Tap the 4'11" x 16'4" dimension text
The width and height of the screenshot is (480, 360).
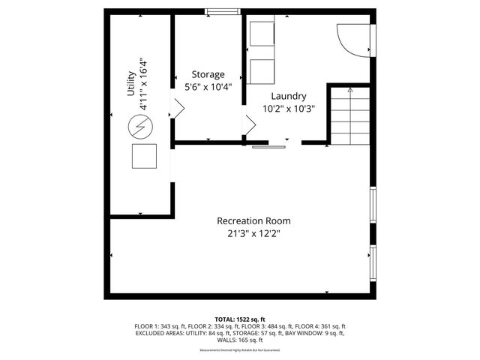click(x=142, y=84)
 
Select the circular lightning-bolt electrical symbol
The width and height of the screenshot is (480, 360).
click(x=139, y=128)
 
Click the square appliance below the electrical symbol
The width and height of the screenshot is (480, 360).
click(x=144, y=156)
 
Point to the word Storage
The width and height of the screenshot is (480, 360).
click(x=208, y=74)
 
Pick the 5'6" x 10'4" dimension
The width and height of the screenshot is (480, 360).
click(x=208, y=86)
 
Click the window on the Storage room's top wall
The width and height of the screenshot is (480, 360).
click(x=219, y=11)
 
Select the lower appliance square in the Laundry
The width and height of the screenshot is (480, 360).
click(x=262, y=71)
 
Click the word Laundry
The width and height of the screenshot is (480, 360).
click(x=288, y=96)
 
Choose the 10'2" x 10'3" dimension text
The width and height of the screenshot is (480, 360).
click(x=288, y=108)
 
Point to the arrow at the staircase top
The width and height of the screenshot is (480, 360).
click(x=349, y=89)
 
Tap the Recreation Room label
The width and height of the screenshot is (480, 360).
click(x=253, y=221)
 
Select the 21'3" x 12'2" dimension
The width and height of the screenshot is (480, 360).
click(x=253, y=233)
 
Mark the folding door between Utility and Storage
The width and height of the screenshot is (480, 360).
click(x=178, y=109)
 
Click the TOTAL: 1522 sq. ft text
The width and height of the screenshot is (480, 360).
click(x=240, y=319)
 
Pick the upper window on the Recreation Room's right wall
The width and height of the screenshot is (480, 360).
click(x=373, y=205)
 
